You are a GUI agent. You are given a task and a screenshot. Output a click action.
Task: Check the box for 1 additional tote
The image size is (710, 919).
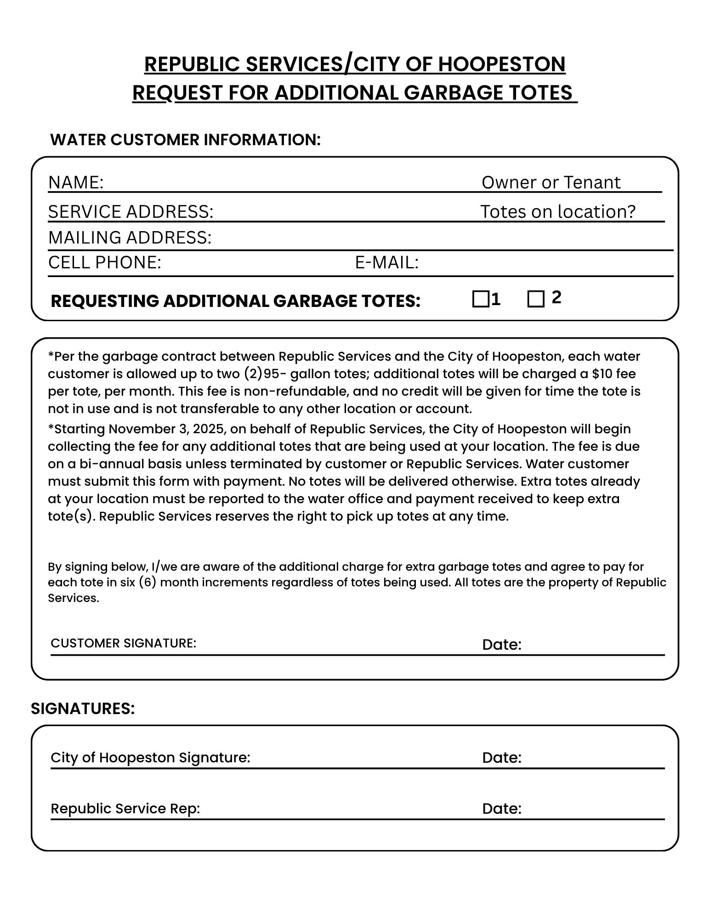[480, 299]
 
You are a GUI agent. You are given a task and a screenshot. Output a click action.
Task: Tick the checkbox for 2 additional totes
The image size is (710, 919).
[536, 299]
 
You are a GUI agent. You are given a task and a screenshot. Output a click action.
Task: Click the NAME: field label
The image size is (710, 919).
[76, 182]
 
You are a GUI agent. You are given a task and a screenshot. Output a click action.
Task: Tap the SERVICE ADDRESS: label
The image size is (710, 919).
[131, 211]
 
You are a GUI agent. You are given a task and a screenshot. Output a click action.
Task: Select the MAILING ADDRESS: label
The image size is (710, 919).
[130, 238]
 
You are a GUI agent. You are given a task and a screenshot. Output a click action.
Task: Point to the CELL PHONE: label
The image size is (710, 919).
[105, 262]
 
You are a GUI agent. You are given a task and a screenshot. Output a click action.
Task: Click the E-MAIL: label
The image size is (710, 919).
[387, 262]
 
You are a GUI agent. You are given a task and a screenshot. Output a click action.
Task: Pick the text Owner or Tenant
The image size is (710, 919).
[551, 182]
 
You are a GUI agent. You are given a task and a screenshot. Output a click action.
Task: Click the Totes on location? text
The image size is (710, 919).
[558, 211]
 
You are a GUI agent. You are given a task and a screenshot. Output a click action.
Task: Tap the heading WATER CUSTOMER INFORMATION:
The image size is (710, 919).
[185, 140]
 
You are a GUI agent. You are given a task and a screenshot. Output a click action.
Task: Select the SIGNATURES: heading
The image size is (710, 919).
[83, 709]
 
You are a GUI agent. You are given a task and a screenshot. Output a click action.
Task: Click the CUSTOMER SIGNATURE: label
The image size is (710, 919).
[123, 643]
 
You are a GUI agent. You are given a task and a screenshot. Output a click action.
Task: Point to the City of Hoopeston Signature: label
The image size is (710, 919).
[150, 757]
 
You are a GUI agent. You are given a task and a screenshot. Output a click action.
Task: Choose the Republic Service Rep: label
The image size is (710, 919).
[125, 808]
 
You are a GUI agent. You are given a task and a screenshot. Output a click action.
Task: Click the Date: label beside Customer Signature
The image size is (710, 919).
[501, 645]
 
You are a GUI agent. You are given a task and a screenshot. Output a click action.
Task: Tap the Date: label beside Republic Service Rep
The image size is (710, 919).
[501, 808]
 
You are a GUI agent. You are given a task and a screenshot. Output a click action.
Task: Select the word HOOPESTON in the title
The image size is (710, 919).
[501, 64]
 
